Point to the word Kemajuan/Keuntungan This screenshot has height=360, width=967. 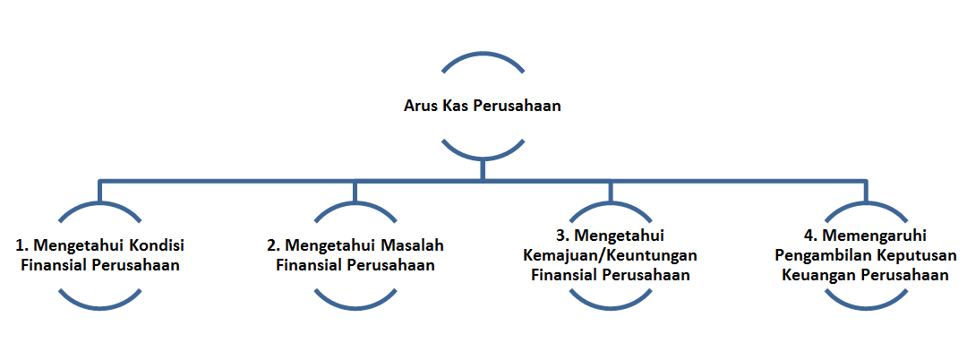click(610, 255)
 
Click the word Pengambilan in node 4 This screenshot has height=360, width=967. click(819, 255)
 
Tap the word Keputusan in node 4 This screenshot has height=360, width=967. click(912, 255)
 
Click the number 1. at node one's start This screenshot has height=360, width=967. click(21, 244)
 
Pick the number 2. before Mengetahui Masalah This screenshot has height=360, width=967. click(273, 244)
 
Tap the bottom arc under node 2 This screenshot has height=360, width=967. click(355, 306)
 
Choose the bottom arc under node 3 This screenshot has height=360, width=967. click(611, 306)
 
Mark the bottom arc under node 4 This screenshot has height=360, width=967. click(866, 306)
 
